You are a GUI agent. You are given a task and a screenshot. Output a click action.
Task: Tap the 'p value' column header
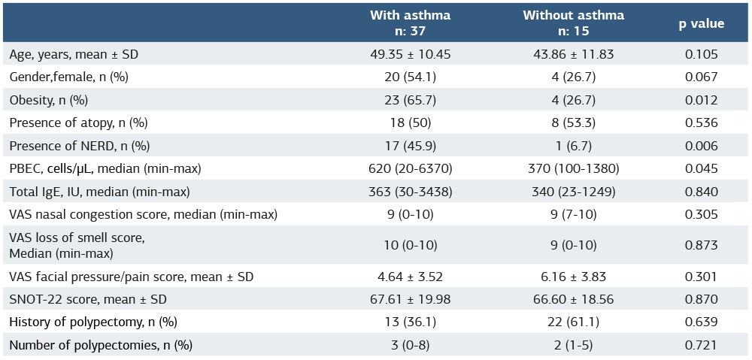tap(701, 23)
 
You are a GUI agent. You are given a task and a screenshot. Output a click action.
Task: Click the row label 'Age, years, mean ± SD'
tap(74, 54)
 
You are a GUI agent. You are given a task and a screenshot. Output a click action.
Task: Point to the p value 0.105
tap(701, 54)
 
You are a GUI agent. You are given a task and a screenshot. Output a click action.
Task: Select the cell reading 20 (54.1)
tap(410, 77)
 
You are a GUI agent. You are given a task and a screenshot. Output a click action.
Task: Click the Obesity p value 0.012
tap(701, 100)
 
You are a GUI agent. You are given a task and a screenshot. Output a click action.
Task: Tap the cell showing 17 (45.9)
tap(410, 146)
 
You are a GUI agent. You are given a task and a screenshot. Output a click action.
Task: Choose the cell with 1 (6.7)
tap(573, 146)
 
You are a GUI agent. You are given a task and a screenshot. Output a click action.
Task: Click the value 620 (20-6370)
tap(410, 168)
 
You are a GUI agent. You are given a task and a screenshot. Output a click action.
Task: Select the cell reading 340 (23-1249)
tap(573, 192)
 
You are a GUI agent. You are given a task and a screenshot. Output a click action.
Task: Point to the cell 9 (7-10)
tap(573, 214)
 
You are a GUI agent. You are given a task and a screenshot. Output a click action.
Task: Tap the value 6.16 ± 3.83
tap(573, 277)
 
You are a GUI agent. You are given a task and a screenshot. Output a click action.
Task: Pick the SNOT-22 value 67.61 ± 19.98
tap(410, 299)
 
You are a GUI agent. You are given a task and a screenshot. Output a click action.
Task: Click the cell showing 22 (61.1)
tap(573, 322)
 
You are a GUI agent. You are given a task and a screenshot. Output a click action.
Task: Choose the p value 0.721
tap(701, 345)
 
